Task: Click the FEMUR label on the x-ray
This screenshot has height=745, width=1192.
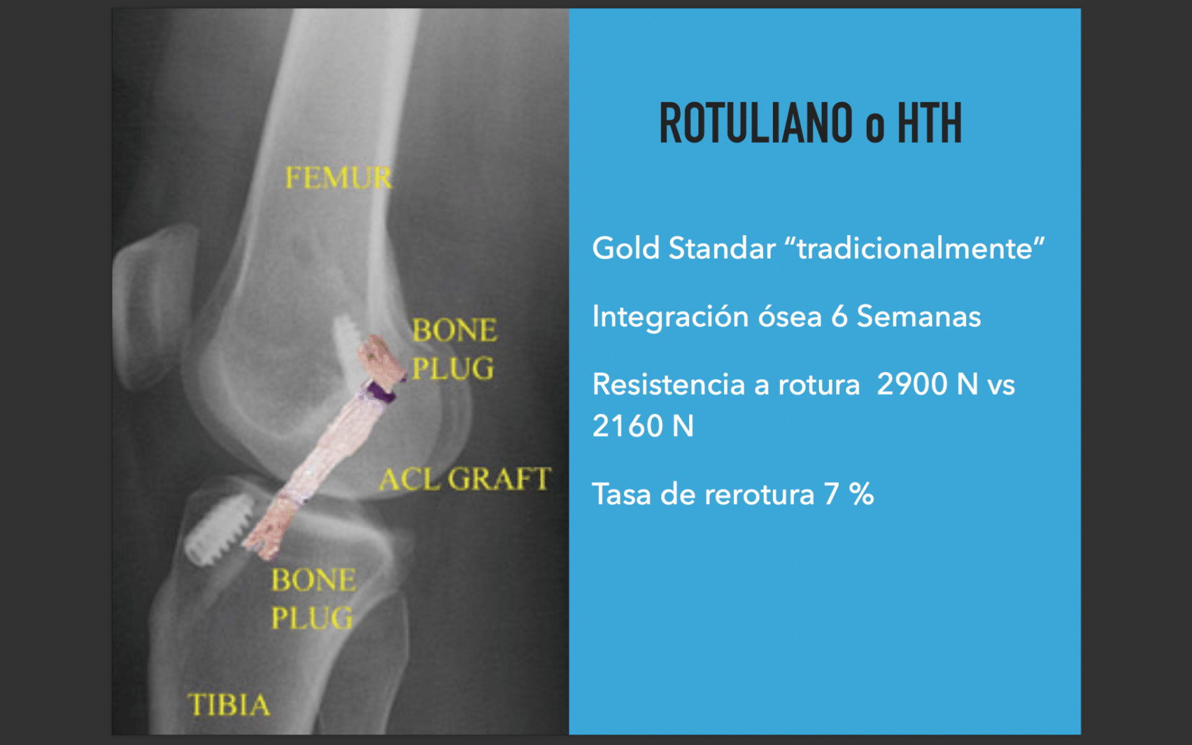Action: (x=338, y=178)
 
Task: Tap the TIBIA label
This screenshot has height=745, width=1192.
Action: (x=229, y=705)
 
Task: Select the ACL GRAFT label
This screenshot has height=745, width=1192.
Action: (x=464, y=479)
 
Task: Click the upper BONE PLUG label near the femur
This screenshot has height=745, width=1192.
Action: (x=454, y=349)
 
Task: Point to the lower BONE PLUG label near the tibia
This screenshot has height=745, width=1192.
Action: (x=313, y=599)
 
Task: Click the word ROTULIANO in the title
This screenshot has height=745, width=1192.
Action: (x=756, y=124)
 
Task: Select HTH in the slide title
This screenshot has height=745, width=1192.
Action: (x=929, y=124)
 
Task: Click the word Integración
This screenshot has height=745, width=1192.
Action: (x=670, y=317)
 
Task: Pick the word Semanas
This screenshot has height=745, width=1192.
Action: (x=919, y=317)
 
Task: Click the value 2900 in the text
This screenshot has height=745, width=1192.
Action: (x=912, y=384)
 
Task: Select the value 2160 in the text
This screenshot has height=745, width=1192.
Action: (x=628, y=427)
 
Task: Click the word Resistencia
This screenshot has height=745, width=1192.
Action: (x=668, y=384)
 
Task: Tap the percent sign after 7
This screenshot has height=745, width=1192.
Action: (x=861, y=495)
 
